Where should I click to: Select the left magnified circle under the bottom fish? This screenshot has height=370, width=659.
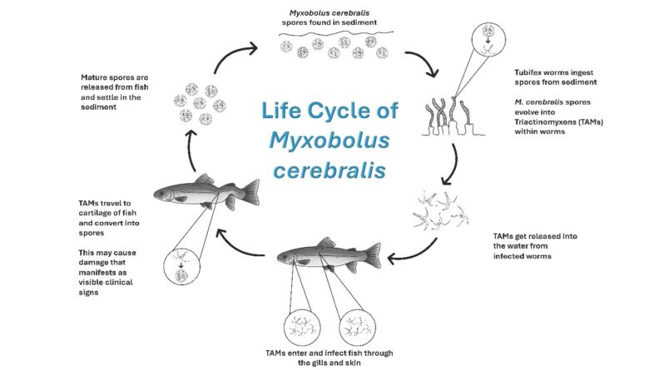pyautogui.click(x=300, y=324)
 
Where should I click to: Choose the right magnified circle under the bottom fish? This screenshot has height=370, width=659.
pyautogui.click(x=359, y=324)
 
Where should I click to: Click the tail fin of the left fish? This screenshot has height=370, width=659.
pyautogui.click(x=221, y=184)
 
